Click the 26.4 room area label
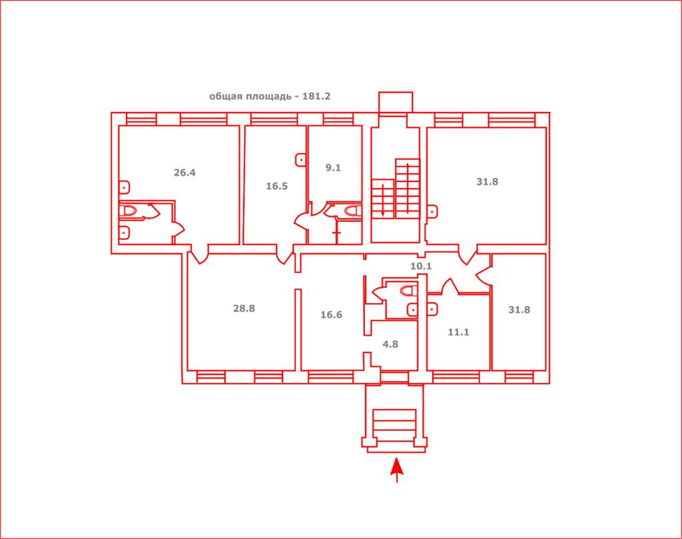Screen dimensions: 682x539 coord(184,173)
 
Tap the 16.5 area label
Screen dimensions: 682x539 coord(276,186)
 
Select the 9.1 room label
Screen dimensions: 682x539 coord(333,167)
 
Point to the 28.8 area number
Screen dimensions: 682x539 coord(244,308)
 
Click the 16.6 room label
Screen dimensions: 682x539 coord(331,314)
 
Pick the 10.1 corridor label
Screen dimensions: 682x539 coord(421,267)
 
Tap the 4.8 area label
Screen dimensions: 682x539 coord(390,344)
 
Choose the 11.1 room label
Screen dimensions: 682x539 coord(458,332)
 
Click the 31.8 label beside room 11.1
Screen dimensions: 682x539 coord(519,310)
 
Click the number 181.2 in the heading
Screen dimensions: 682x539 coord(316,96)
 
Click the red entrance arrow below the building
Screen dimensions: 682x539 coord(397,470)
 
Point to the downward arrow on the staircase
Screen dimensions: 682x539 coord(382,200)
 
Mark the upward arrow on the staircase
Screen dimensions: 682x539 coord(408,188)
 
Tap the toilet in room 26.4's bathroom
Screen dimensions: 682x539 coord(128,211)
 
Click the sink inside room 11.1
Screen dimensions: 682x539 coord(432,309)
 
